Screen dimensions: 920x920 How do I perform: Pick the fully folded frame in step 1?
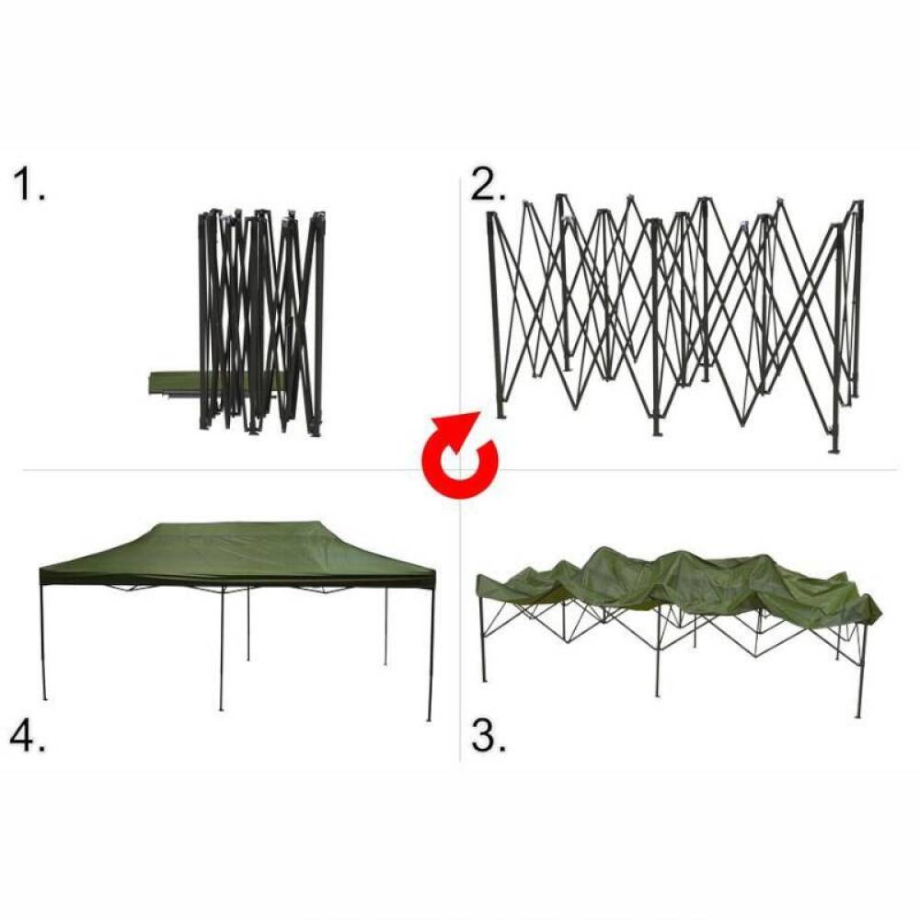(x=261, y=323)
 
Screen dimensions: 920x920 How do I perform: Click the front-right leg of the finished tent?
(x=431, y=651)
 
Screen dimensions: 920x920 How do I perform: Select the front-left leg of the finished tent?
(x=43, y=639)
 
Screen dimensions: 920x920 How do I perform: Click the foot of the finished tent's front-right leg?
(x=429, y=719)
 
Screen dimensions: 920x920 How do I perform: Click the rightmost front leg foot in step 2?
(x=834, y=450)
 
